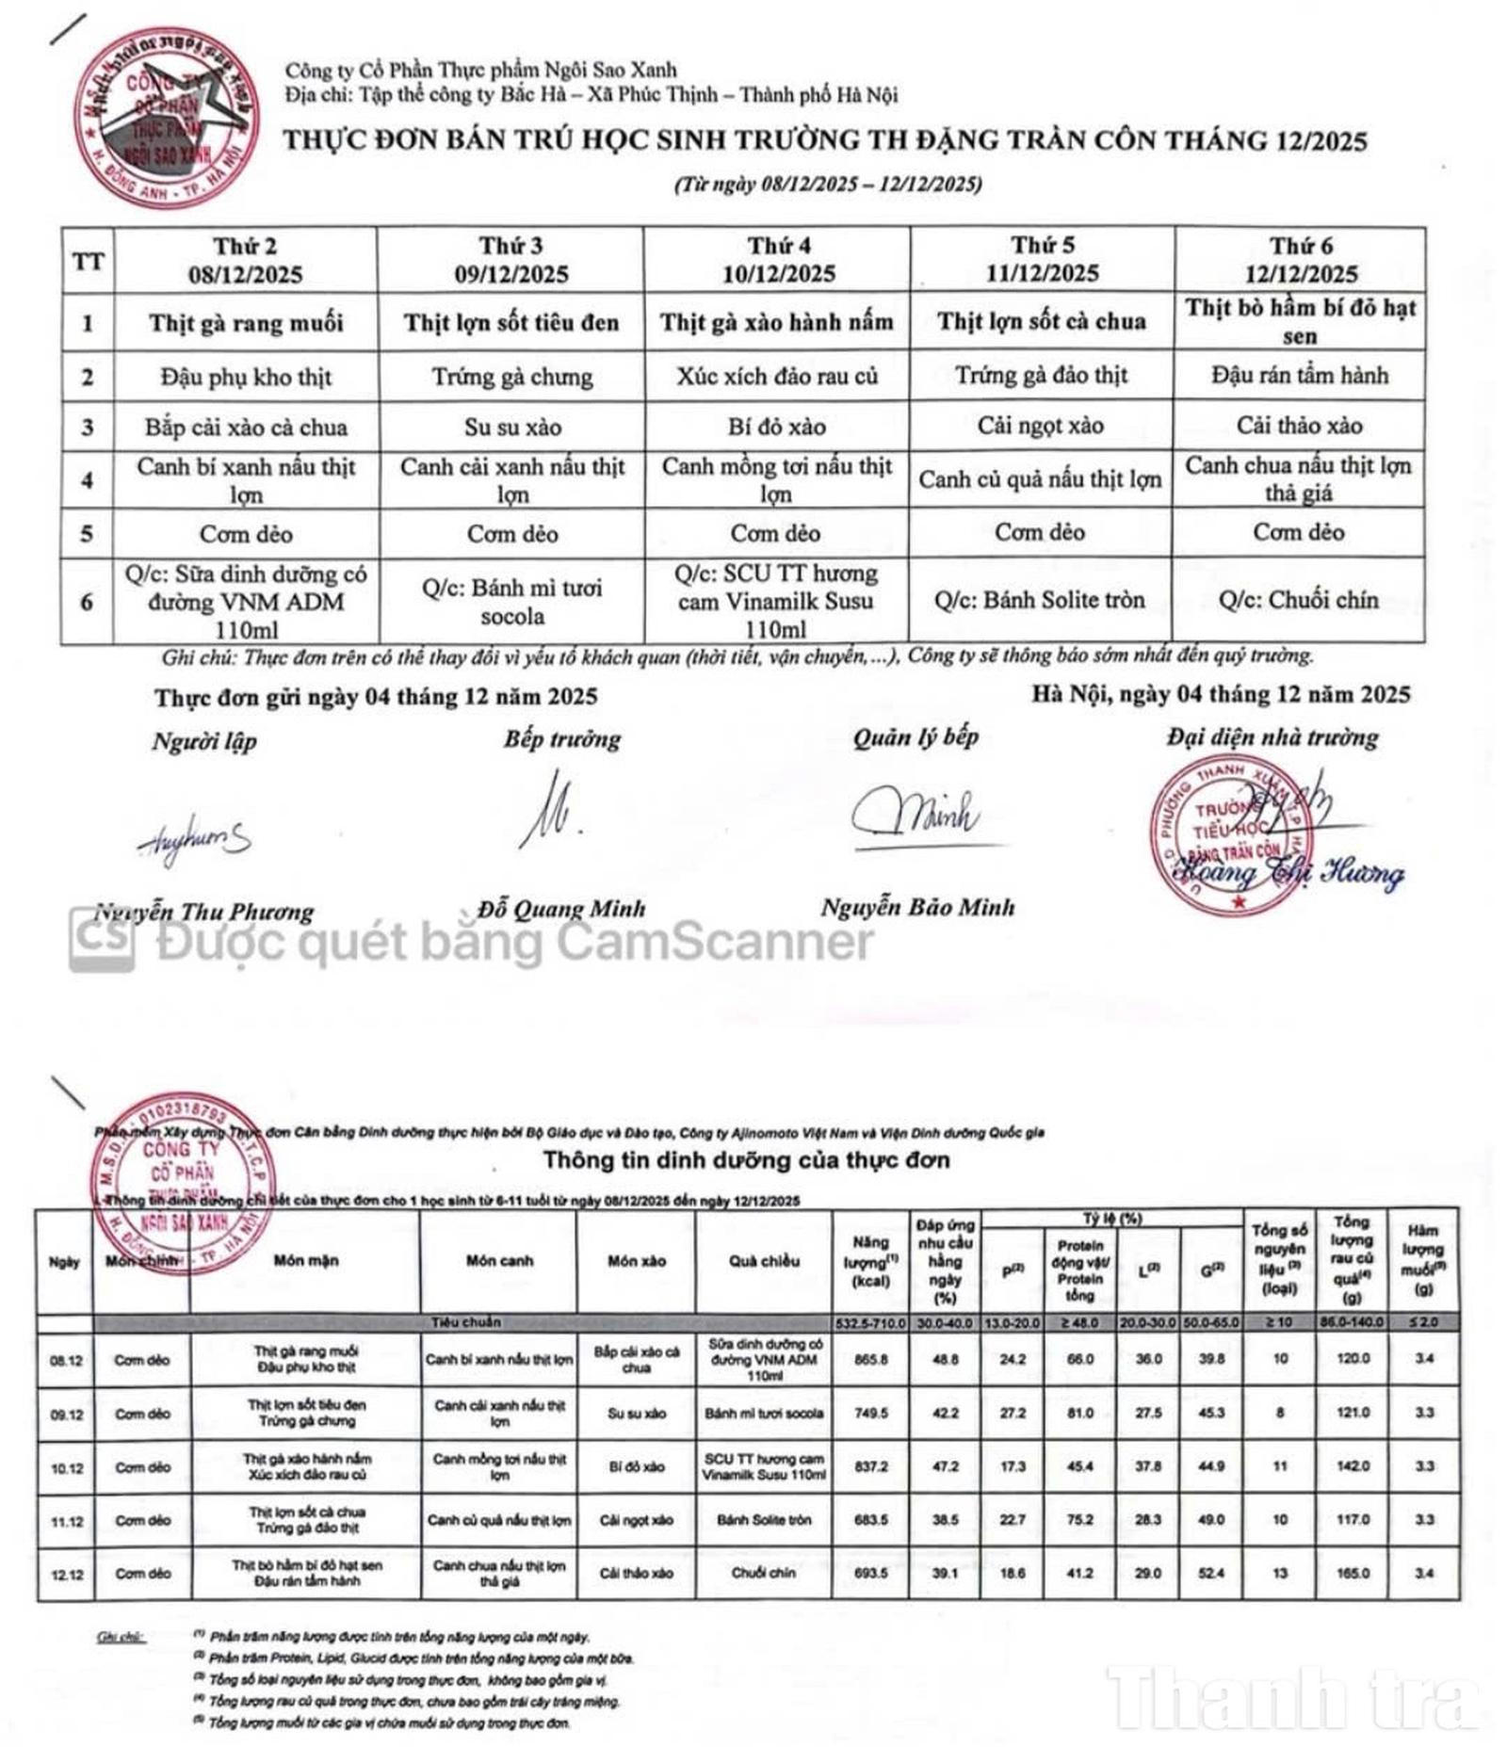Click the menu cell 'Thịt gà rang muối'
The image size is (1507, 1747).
[x=246, y=323]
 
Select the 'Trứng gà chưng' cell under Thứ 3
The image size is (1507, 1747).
[x=512, y=377]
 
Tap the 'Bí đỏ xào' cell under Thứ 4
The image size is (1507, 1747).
[x=776, y=427]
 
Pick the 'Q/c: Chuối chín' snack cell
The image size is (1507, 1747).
[x=1298, y=600]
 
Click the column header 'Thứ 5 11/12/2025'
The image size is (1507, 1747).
[x=1042, y=259]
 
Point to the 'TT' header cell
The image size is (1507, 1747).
[x=88, y=261]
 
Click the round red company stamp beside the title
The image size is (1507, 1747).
[x=166, y=116]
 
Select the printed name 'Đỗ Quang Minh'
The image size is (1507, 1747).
[x=561, y=909]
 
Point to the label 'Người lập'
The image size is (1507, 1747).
[x=204, y=741]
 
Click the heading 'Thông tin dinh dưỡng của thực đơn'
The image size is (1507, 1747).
[x=745, y=1160]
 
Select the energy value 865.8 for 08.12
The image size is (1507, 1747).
[x=870, y=1359]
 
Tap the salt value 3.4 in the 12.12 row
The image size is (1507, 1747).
[x=1423, y=1572]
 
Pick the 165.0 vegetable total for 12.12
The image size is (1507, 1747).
[x=1352, y=1572]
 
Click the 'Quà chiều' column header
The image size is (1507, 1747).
[x=764, y=1261]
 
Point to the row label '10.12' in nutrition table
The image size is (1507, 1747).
[x=66, y=1467]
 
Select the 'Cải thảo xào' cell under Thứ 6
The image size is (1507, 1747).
[x=1298, y=426]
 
